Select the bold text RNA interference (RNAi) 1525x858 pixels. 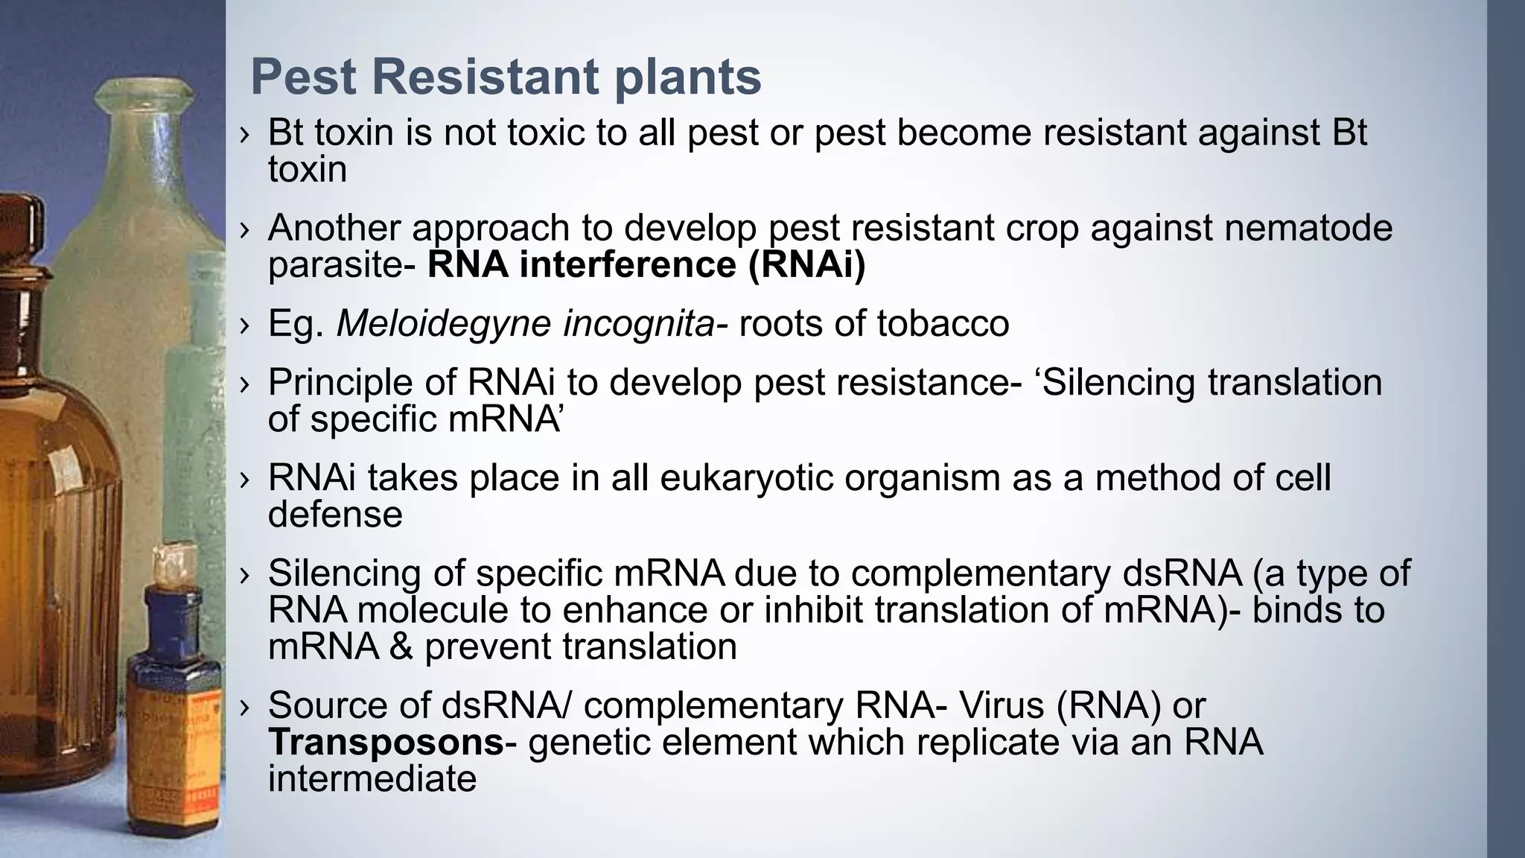[646, 265]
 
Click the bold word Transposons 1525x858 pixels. [386, 743]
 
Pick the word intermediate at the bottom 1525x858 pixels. [372, 779]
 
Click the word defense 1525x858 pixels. [335, 515]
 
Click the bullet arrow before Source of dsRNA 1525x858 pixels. [245, 707]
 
